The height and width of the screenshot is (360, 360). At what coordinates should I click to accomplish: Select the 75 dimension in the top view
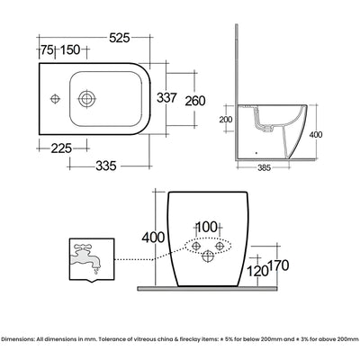click(48, 49)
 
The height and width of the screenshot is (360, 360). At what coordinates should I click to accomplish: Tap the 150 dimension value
click(70, 49)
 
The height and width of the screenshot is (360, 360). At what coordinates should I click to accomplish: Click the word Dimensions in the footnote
click(17, 338)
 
